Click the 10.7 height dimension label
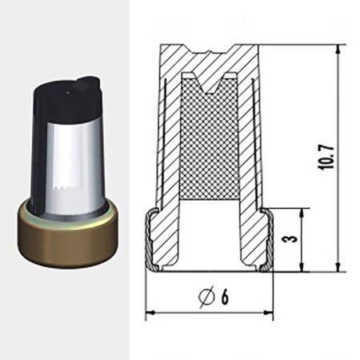tap(326, 158)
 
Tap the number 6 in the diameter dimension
tap(225, 297)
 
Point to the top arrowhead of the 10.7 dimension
tap(338, 49)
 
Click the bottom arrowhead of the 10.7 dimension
tap(338, 267)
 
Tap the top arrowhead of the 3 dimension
tap(302, 213)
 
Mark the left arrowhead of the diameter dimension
tap(150, 312)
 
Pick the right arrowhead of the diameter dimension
tap(268, 312)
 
